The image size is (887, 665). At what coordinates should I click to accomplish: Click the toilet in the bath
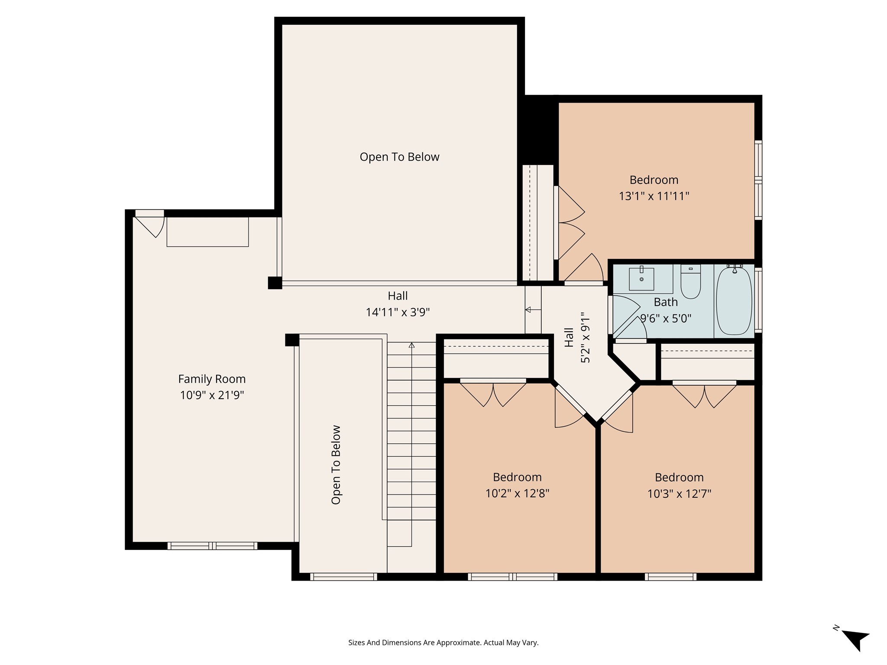tap(690, 282)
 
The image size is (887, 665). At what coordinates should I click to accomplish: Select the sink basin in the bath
tap(641, 279)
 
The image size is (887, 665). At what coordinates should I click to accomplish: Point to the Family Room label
tap(212, 379)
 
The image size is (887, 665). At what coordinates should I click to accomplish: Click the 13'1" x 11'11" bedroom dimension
tap(654, 196)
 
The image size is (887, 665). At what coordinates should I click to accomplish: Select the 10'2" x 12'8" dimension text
tap(517, 494)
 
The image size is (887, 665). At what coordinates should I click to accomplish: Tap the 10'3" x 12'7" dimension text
tap(679, 494)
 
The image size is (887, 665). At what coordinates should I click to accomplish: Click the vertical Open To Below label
tap(336, 465)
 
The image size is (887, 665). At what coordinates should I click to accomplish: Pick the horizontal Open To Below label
tap(399, 157)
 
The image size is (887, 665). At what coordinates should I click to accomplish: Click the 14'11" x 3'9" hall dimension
tap(398, 312)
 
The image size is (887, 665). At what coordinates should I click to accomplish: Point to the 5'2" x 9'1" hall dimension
tap(585, 338)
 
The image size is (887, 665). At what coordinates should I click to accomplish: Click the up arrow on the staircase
tap(411, 345)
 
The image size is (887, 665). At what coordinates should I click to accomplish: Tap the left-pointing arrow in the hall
tap(528, 310)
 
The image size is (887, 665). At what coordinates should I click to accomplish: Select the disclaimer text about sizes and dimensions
tap(443, 642)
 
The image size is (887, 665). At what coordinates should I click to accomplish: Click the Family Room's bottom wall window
tap(212, 546)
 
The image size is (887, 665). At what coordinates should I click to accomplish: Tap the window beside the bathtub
tap(758, 300)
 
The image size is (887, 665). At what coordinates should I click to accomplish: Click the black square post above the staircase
tap(292, 340)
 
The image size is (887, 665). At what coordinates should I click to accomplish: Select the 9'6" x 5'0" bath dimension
tap(666, 319)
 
